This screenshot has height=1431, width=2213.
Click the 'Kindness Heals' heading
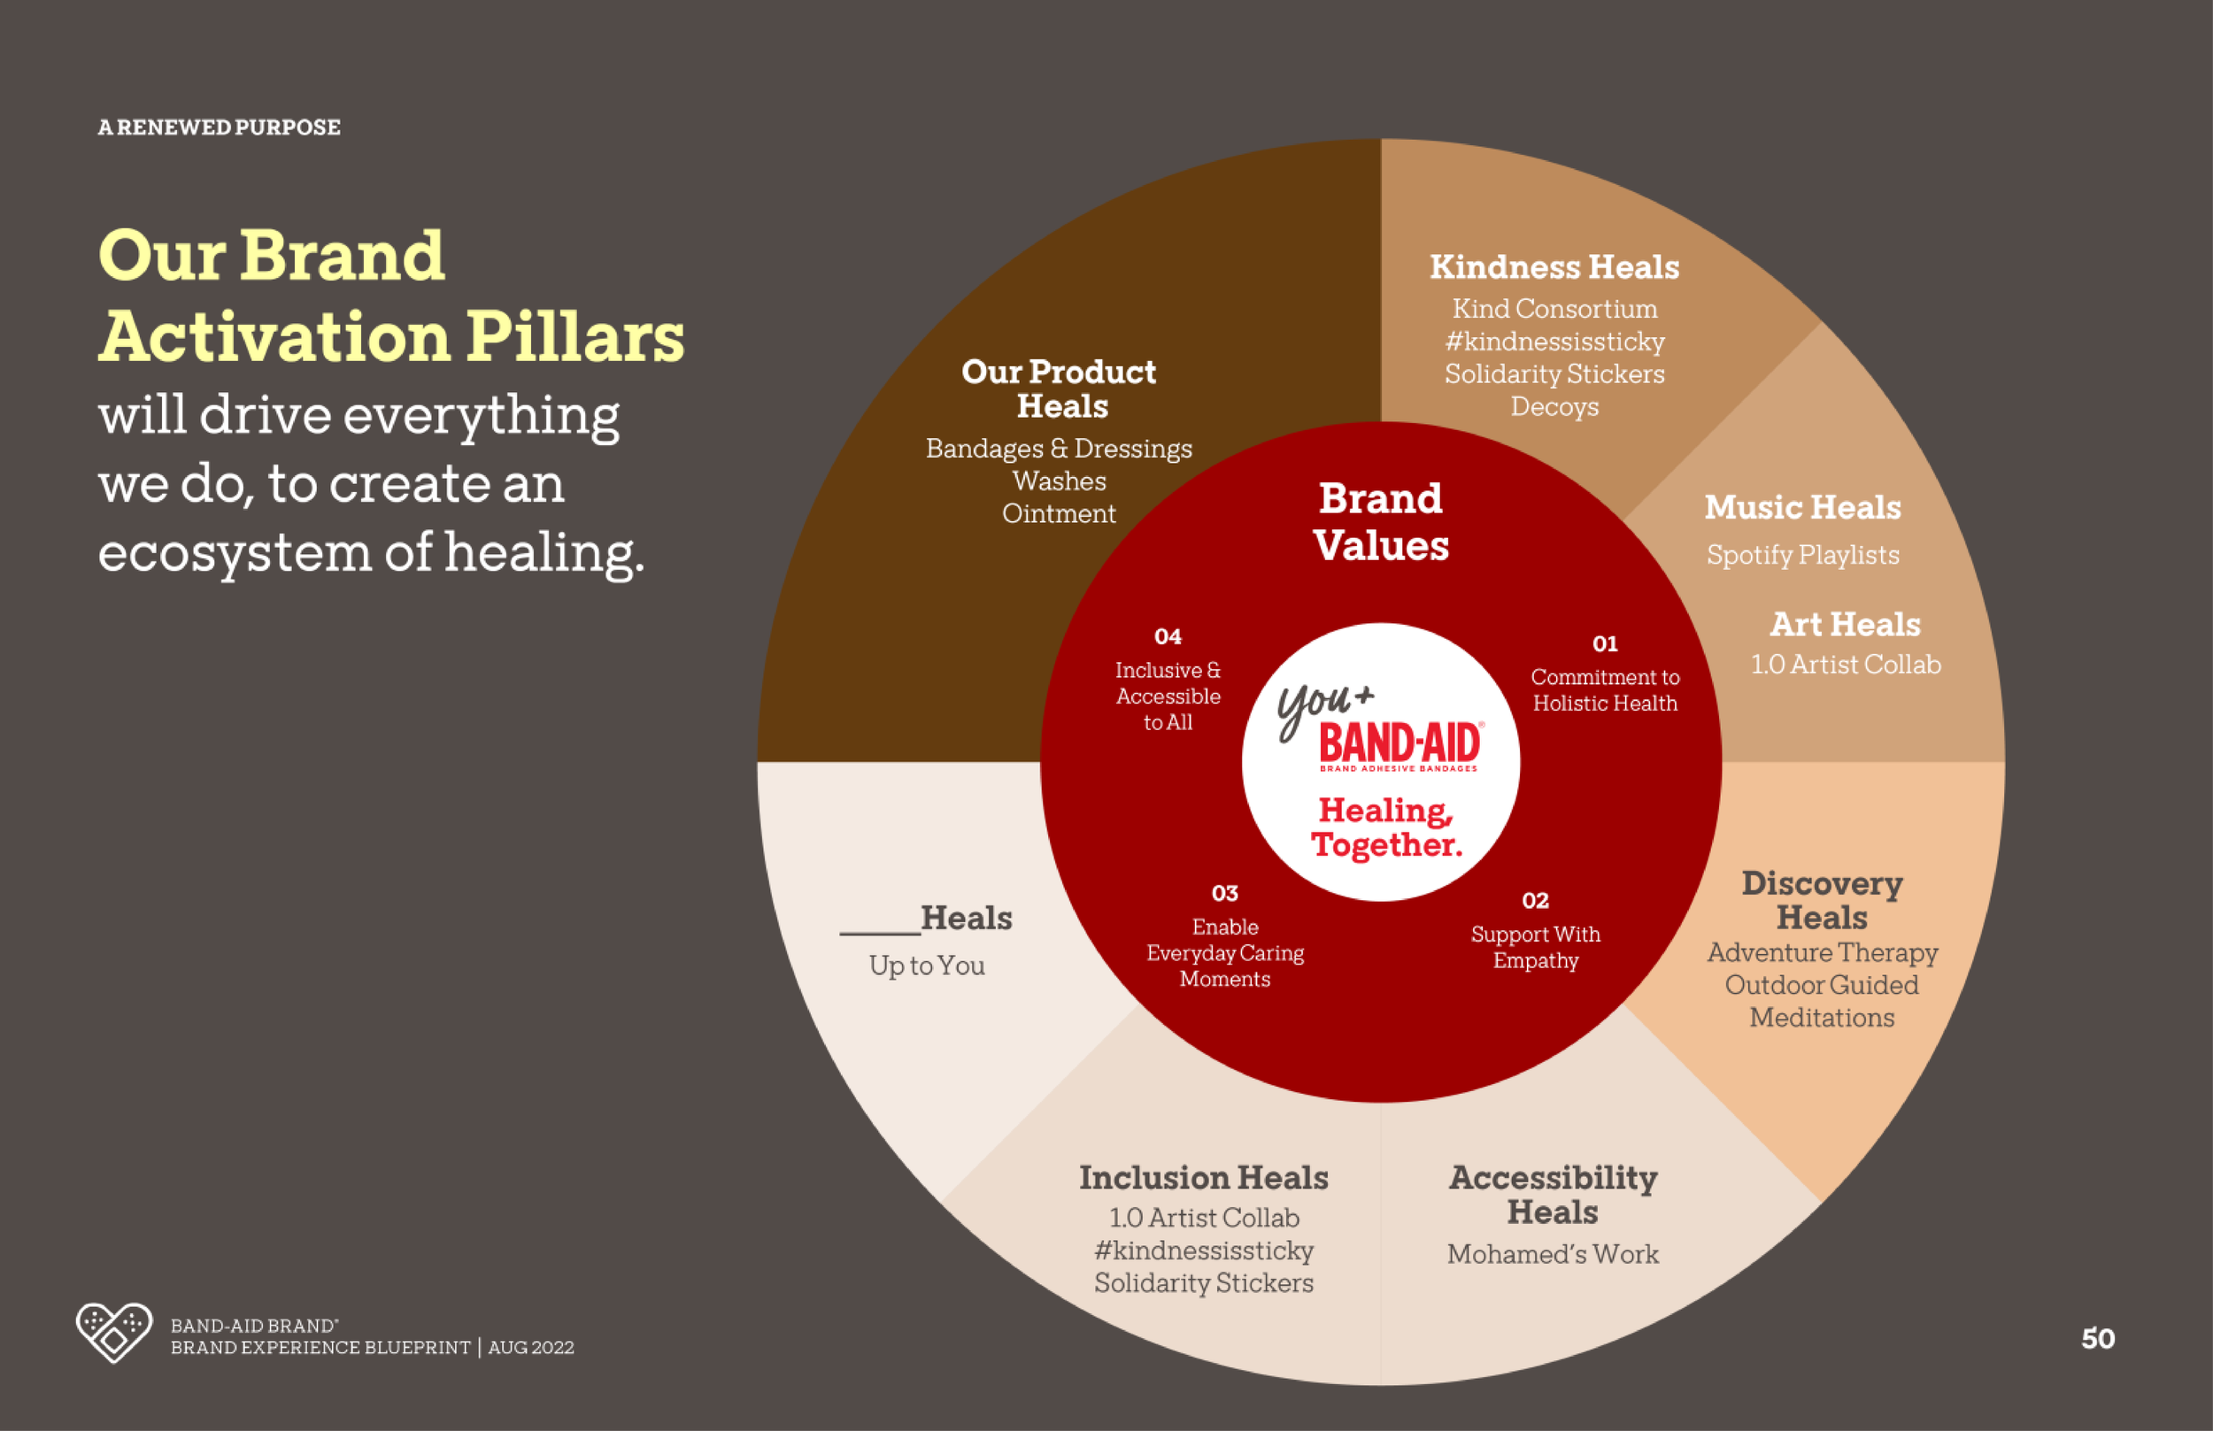coord(1554,267)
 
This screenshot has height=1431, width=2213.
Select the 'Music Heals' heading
coord(1802,507)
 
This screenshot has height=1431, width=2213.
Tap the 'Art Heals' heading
coord(1845,625)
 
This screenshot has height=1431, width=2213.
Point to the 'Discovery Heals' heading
coord(1822,899)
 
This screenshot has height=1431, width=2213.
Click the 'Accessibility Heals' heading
coord(1554,1195)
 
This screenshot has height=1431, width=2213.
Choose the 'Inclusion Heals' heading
coord(1204,1177)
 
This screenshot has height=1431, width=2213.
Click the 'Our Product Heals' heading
coord(1060,389)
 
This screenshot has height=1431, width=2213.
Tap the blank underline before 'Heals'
coord(879,930)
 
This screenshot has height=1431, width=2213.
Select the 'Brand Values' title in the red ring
coord(1381,522)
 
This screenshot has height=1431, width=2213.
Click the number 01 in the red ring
coord(1605,644)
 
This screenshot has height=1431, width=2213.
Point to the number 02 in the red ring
coord(1536,900)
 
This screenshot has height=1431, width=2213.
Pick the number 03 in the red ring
coord(1225,893)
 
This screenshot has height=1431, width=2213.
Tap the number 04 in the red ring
coord(1168,636)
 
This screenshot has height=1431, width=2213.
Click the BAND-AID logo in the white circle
coord(1399,745)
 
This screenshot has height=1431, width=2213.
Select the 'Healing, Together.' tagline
coord(1386,827)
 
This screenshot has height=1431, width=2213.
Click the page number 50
coord(2098,1338)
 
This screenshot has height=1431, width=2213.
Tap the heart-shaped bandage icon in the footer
coord(113,1333)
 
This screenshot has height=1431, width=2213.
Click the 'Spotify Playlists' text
coord(1802,555)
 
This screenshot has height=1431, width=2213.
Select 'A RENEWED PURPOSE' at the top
coord(220,127)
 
